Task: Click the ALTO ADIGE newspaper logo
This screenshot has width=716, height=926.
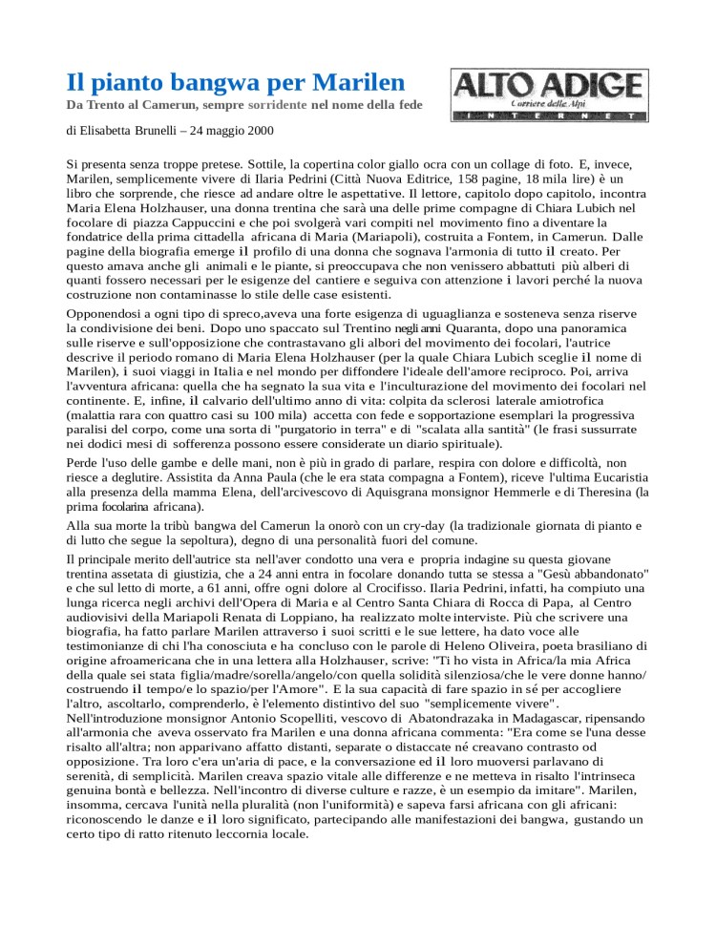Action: point(547,95)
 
